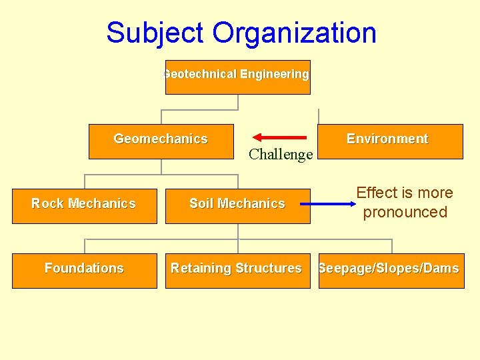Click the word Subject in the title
tap(155, 33)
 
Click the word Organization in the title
tap(295, 33)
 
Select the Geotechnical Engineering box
tap(237, 77)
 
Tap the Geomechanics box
tap(161, 141)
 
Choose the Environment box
tap(390, 141)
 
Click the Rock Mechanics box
tap(84, 206)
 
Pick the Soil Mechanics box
tap(237, 206)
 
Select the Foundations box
tap(84, 271)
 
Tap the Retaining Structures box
tap(237, 271)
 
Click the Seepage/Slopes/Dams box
tap(391, 271)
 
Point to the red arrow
tap(281, 137)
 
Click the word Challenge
tap(281, 155)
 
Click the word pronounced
tap(405, 213)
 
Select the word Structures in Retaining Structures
tap(268, 268)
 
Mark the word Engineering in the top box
tap(275, 74)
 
